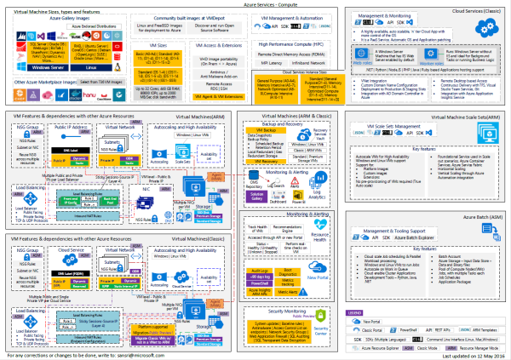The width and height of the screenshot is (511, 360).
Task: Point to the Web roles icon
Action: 360,53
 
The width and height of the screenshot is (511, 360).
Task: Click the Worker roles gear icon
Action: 434,51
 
